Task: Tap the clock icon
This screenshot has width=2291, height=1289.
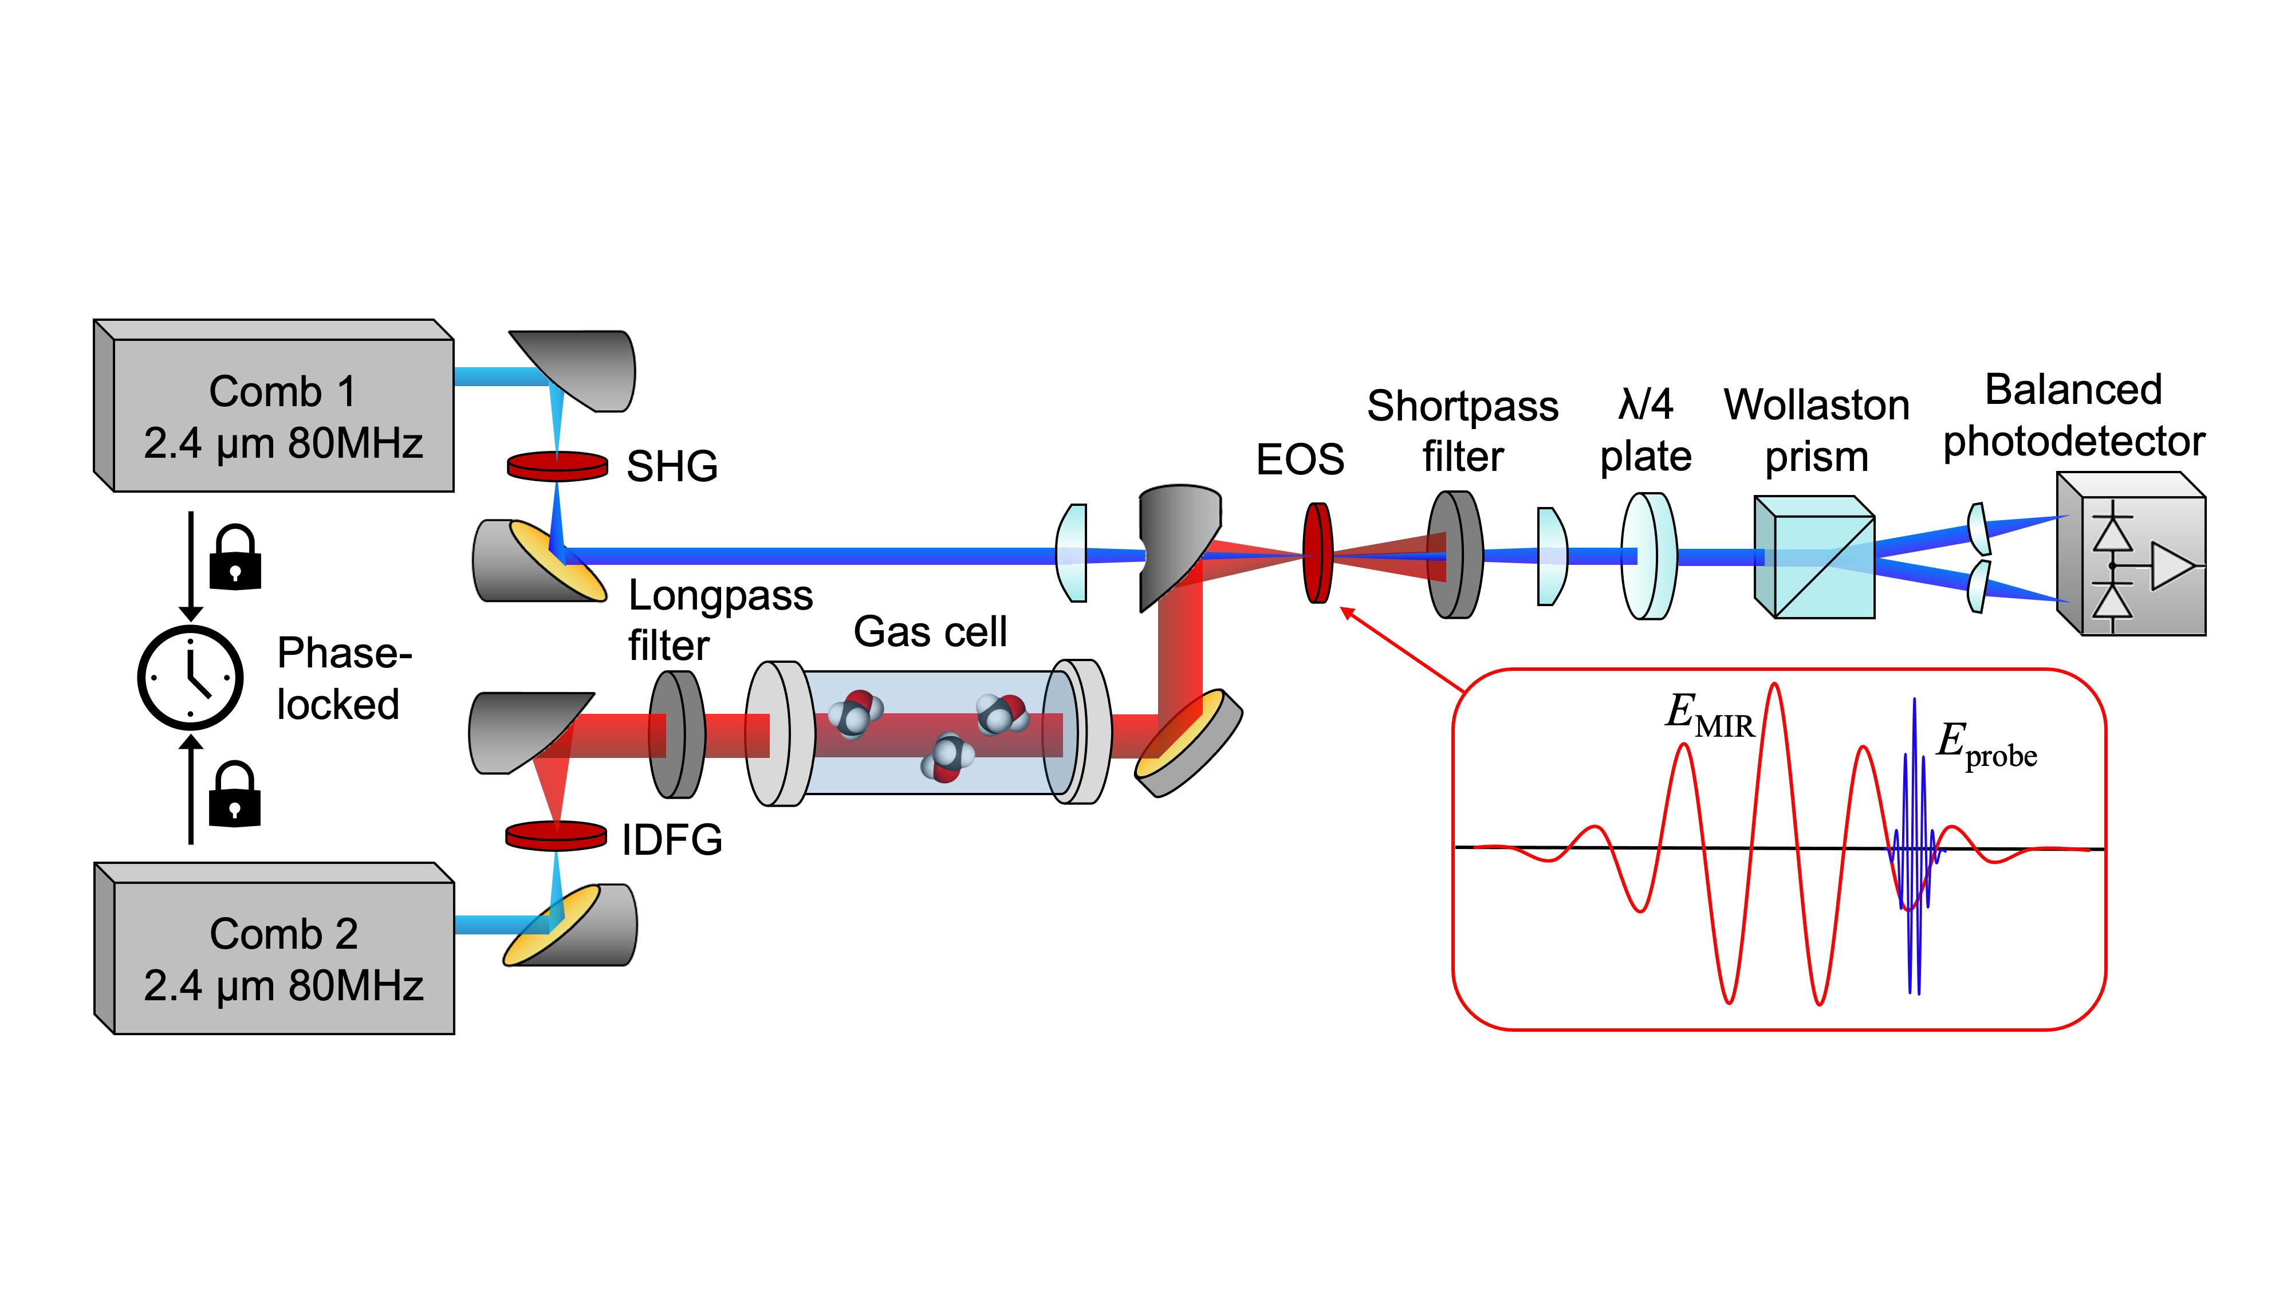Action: pyautogui.click(x=190, y=677)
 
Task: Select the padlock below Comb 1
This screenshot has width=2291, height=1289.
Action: pyautogui.click(x=235, y=558)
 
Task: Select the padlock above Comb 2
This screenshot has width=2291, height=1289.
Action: pyautogui.click(x=235, y=795)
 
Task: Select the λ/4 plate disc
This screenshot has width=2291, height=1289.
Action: pyautogui.click(x=1648, y=556)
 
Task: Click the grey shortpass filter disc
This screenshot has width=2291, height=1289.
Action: pyautogui.click(x=1455, y=555)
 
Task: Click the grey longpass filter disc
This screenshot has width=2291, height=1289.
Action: pyautogui.click(x=677, y=734)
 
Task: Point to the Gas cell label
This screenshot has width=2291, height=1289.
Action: pyautogui.click(x=930, y=631)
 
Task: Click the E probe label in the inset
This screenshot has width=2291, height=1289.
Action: pyautogui.click(x=1985, y=745)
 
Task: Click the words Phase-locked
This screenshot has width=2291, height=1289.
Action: pyautogui.click(x=343, y=679)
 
